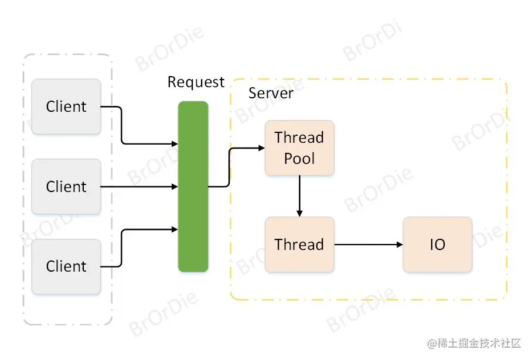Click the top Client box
tap(66, 107)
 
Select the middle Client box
tap(66, 187)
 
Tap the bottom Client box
tap(66, 266)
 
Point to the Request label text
tap(196, 82)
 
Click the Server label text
tap(271, 93)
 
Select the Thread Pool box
tap(299, 148)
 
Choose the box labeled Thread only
tap(299, 245)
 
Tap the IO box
tap(437, 245)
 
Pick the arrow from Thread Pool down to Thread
tap(299, 196)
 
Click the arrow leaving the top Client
tap(122, 126)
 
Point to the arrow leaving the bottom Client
tap(122, 249)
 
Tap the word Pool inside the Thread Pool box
tap(299, 159)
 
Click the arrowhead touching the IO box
tap(399, 245)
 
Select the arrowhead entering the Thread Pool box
tap(261, 148)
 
